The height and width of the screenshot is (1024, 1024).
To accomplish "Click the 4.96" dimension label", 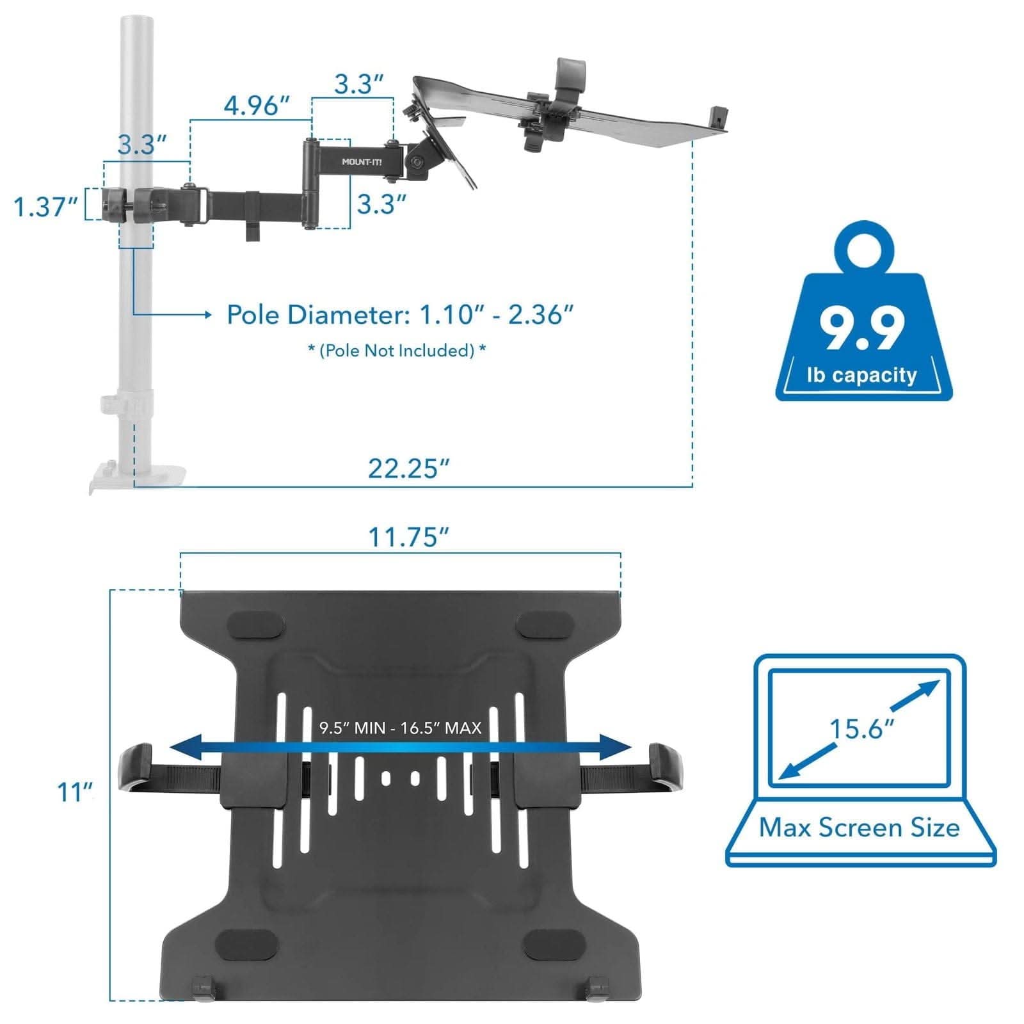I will (256, 106).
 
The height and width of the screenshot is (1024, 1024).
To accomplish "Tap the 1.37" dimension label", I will (46, 207).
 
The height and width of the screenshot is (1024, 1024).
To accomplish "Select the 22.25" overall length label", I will (408, 468).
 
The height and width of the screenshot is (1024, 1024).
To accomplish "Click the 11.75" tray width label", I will (408, 537).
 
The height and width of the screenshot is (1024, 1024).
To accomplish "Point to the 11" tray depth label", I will (75, 792).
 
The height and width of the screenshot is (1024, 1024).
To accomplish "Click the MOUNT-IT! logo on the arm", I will (362, 162).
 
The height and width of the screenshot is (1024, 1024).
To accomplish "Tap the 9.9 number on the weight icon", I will (862, 329).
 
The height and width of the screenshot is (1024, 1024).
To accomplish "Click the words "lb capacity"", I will (862, 375).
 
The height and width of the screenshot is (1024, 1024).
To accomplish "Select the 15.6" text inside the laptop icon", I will (861, 728).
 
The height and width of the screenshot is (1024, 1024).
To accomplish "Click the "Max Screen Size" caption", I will (860, 828).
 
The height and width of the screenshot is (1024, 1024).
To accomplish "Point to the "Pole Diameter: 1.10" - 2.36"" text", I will (401, 315).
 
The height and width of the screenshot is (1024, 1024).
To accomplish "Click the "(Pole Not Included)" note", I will (397, 351).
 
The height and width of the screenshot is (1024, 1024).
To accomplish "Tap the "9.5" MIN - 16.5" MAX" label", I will (401, 728).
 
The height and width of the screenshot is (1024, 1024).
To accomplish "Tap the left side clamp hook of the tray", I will (136, 768).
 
